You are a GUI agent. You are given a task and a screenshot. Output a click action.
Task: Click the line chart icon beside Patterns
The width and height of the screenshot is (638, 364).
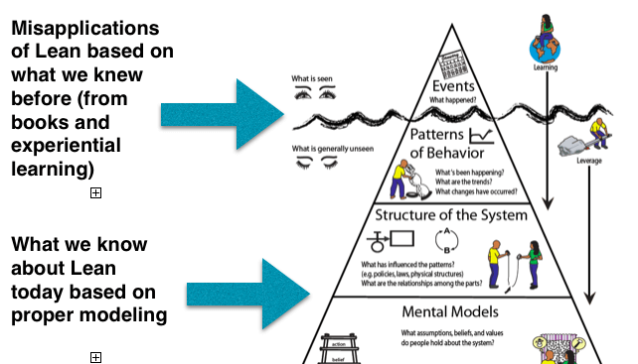(x=483, y=138)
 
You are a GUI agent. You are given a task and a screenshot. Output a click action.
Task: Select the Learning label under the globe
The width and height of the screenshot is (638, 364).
(x=544, y=67)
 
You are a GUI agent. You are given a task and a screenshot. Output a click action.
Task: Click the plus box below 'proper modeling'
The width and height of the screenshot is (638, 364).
(x=95, y=356)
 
